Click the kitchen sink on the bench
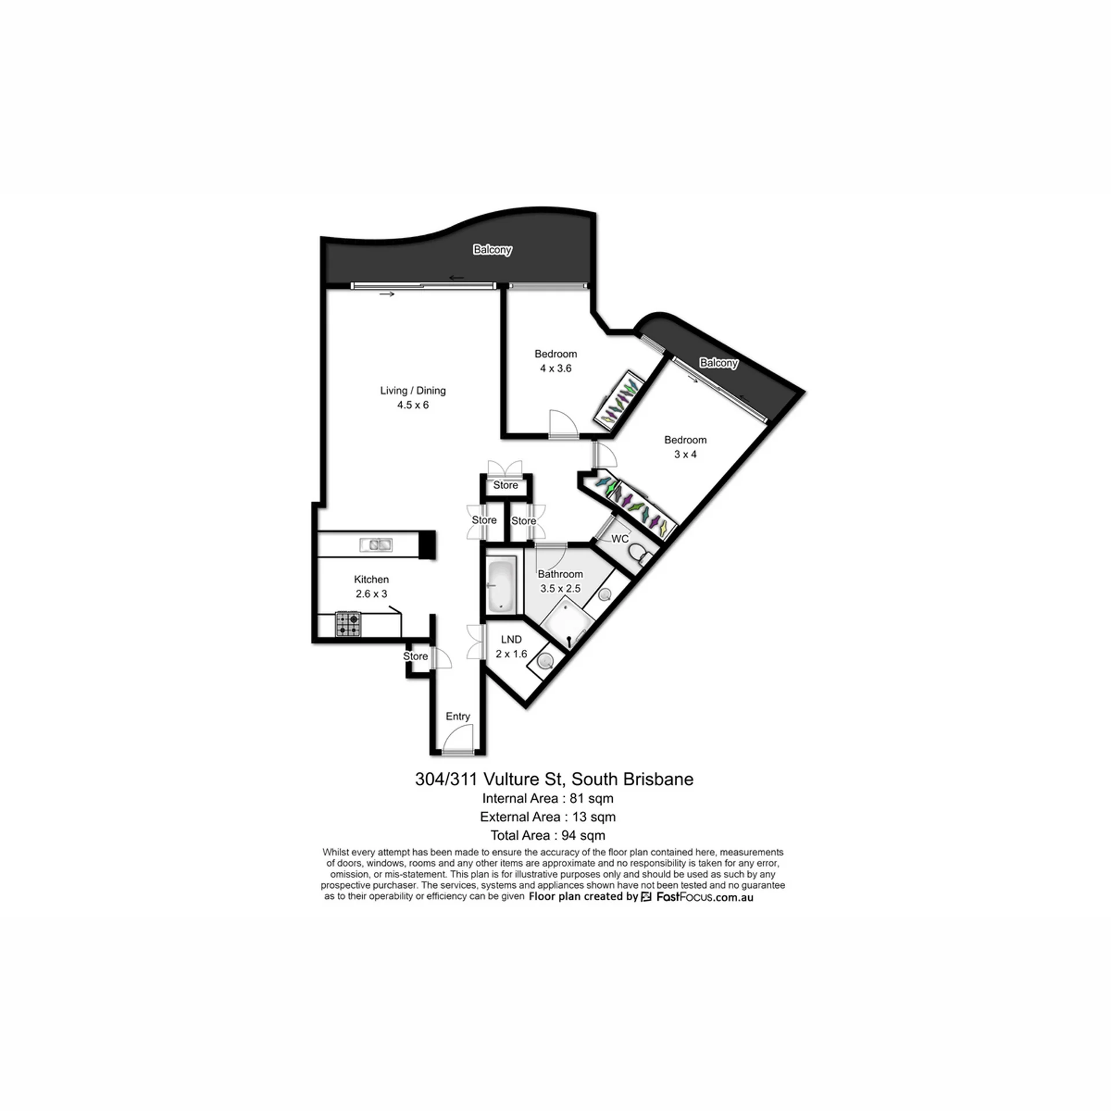coord(376,545)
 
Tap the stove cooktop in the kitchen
coord(348,624)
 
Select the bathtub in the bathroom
coord(502,584)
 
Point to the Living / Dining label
coord(413,391)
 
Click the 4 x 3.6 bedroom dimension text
coord(555,369)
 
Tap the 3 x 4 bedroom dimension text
coord(685,454)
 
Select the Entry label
coord(458,716)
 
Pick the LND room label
coord(512,639)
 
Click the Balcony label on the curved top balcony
coord(492,250)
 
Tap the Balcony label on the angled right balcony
coord(719,363)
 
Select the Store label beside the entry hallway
coord(415,656)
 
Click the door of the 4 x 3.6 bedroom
coord(564,424)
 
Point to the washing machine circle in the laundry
coord(545,661)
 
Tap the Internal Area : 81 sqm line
coord(548,799)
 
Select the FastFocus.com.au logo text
coord(704,897)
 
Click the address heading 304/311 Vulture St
coord(489,779)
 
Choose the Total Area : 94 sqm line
coord(548,836)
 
